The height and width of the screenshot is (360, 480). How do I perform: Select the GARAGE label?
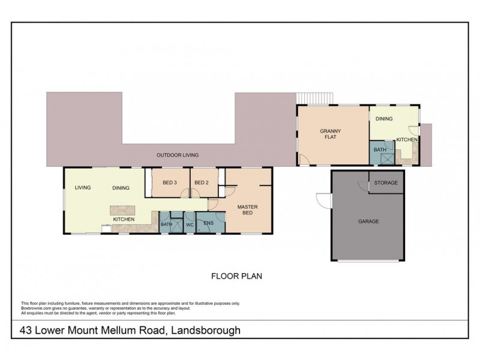tap(368, 221)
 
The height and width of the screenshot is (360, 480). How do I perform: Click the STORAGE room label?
tap(386, 182)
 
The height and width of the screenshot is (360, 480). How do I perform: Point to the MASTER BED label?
tap(247, 210)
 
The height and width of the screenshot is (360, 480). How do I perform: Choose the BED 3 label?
tap(170, 182)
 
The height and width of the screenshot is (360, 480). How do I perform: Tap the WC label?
tap(188, 225)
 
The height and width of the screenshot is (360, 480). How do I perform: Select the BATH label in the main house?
tap(166, 225)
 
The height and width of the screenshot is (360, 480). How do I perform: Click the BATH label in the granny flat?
tap(379, 149)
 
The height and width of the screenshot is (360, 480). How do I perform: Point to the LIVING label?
tap(83, 188)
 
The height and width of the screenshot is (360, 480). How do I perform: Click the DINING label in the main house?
tap(121, 188)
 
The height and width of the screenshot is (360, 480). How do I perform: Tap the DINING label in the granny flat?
tap(384, 119)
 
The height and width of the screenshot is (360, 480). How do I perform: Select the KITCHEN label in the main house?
tap(124, 220)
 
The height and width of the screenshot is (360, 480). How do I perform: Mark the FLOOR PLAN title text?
tap(236, 277)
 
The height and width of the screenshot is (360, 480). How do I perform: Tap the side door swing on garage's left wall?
tap(323, 200)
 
